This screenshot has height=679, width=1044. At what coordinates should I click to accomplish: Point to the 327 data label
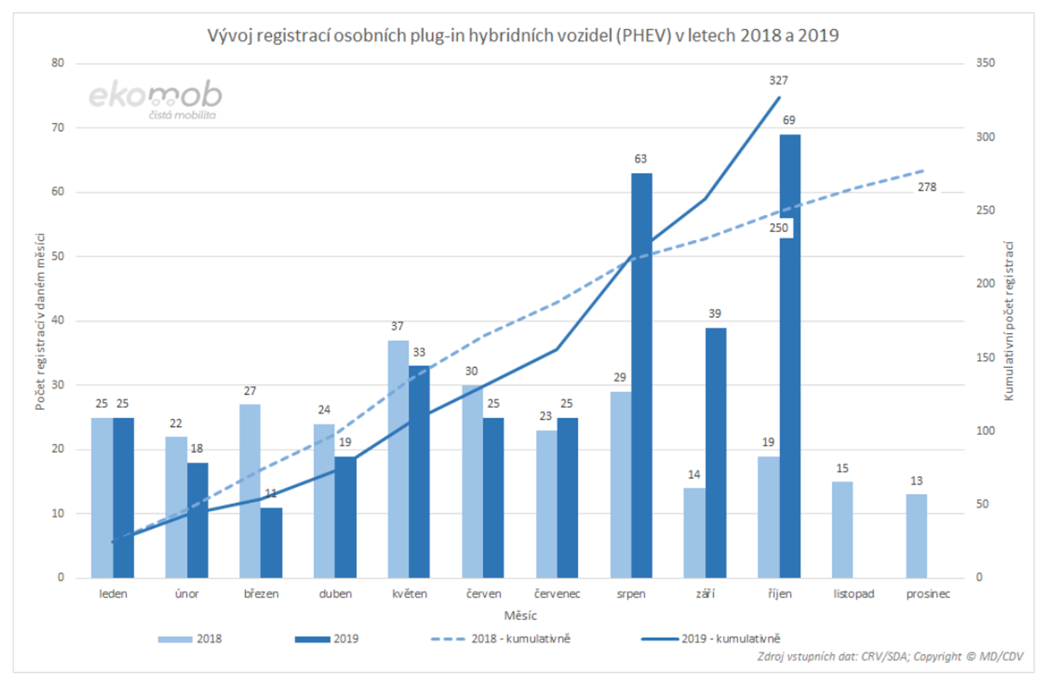(x=778, y=81)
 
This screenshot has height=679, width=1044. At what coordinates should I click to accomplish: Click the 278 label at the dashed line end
(x=927, y=187)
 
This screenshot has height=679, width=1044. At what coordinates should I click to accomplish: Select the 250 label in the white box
(x=779, y=228)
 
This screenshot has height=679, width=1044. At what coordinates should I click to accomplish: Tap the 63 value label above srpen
(x=640, y=159)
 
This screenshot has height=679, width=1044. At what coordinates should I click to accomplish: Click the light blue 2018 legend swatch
(x=175, y=639)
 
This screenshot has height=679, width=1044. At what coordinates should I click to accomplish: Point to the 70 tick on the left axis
(x=58, y=127)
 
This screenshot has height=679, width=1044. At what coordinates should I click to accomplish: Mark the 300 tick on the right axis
(x=985, y=137)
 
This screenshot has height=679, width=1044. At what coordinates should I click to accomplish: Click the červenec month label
(x=557, y=594)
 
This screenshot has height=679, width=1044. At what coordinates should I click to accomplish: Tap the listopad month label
(x=853, y=594)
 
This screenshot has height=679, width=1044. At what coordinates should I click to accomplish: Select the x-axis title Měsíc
(x=520, y=616)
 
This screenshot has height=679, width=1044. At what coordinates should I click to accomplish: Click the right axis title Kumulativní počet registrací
(x=1008, y=320)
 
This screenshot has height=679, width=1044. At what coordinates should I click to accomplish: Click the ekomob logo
(x=156, y=99)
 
